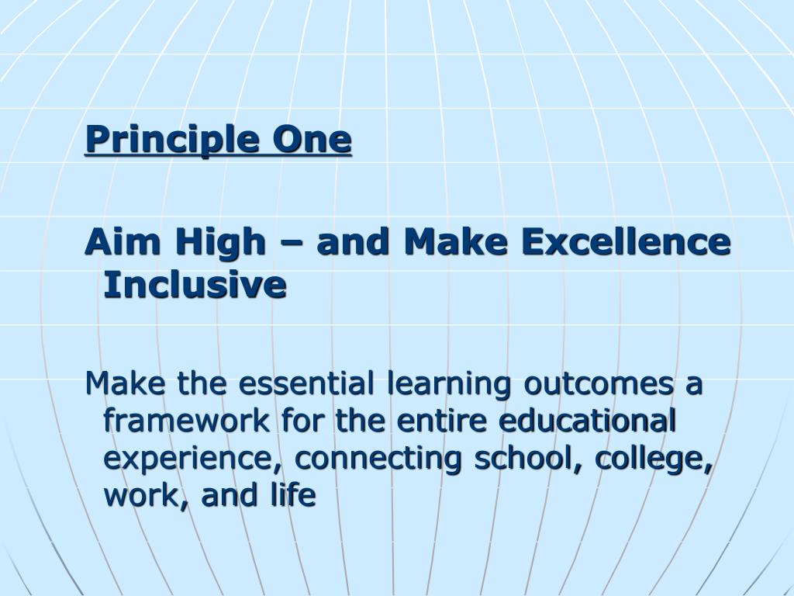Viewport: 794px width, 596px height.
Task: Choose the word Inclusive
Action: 195,285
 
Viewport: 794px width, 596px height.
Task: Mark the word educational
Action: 588,421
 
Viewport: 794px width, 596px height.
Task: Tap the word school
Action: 529,458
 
